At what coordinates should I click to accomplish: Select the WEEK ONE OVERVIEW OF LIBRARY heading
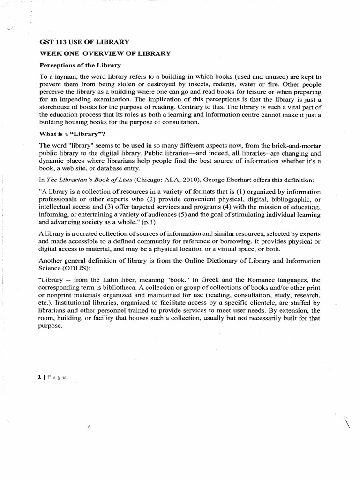(x=105, y=53)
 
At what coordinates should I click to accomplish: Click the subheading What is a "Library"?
(x=75, y=134)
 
